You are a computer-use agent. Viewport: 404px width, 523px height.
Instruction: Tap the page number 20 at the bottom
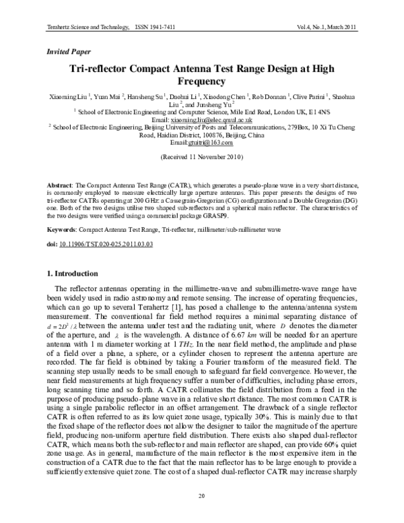201,496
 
